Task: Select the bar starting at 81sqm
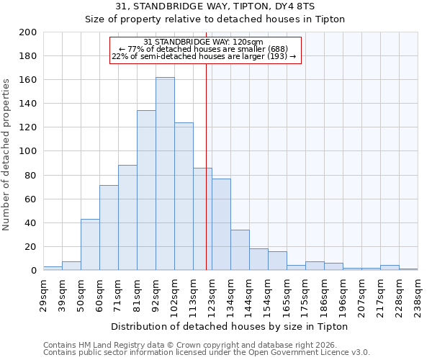pos(146,190)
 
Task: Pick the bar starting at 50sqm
pos(90,245)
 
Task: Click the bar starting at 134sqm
pos(240,250)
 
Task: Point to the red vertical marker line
pos(207,166)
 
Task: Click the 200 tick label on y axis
pos(27,32)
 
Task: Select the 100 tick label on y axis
pos(27,151)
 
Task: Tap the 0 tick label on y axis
pos(33,271)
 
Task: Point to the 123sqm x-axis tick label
pos(212,292)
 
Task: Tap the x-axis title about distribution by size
pos(230,326)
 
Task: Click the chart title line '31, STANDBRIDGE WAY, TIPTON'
pos(215,6)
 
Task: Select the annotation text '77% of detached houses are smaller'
pos(205,49)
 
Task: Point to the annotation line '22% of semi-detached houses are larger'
pos(204,56)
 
